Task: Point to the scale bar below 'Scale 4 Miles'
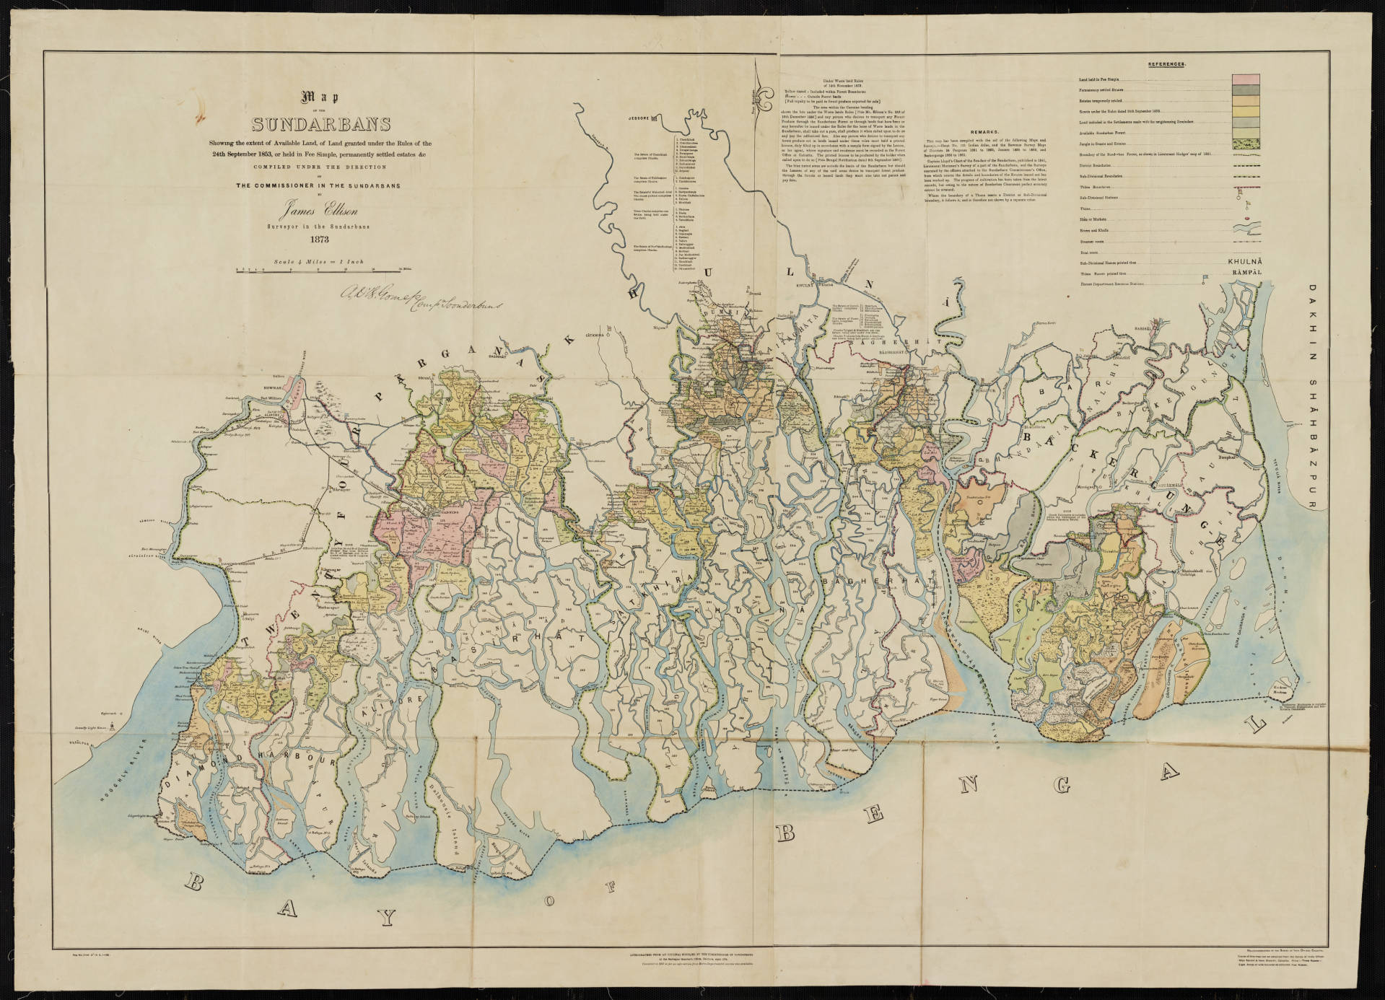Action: [x=318, y=271]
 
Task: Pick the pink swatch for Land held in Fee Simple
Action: [x=1245, y=79]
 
